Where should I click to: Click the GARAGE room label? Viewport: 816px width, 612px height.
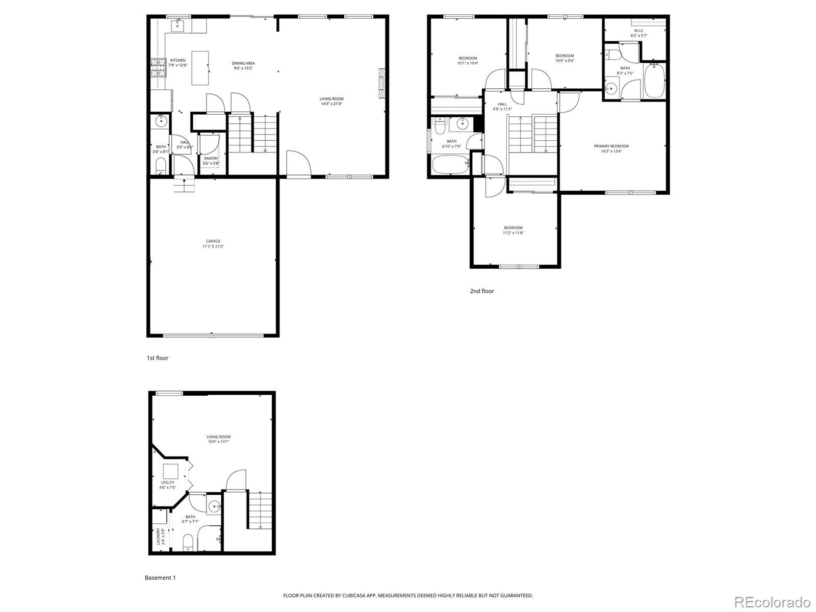point(213,241)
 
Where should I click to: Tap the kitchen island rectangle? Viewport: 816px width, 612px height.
point(201,68)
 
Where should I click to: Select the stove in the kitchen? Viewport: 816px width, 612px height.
point(159,67)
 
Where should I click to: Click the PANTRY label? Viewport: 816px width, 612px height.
point(211,159)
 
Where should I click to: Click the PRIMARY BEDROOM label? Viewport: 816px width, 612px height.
point(611,146)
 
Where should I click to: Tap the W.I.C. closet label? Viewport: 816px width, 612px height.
point(639,31)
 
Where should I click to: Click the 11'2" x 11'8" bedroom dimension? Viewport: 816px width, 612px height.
point(513,233)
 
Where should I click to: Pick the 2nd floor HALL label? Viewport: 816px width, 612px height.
point(502,104)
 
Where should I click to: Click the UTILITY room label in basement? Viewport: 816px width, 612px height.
point(168,482)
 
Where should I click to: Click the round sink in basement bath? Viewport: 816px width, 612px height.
point(214,506)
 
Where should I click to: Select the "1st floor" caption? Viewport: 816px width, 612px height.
point(158,358)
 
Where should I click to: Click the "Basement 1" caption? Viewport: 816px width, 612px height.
point(160,578)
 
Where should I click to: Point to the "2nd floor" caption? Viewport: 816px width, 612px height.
point(482,291)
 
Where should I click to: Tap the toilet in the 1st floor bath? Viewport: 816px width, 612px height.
point(161,165)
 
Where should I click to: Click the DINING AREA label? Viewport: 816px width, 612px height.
point(243,63)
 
